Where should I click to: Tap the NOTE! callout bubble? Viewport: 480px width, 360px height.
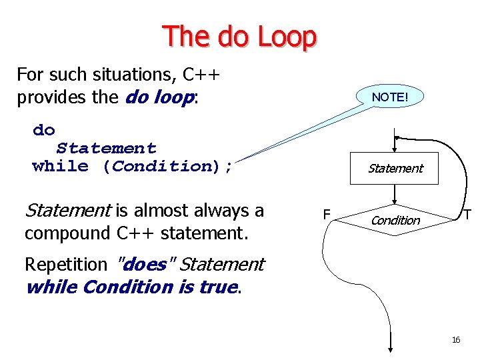click(x=389, y=97)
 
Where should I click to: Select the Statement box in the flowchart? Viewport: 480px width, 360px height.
click(x=395, y=169)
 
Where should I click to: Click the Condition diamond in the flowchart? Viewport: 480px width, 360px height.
click(x=395, y=220)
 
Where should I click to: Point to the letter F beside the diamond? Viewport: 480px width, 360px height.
click(x=326, y=215)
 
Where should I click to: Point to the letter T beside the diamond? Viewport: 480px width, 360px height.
click(x=468, y=215)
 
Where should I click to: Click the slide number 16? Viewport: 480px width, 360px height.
click(x=456, y=340)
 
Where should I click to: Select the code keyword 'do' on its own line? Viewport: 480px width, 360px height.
click(x=44, y=130)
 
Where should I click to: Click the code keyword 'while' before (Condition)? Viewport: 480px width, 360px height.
click(x=61, y=166)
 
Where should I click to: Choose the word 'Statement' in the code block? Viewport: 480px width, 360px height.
click(x=107, y=148)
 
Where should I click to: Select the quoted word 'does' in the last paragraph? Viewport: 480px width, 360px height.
click(x=145, y=264)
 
